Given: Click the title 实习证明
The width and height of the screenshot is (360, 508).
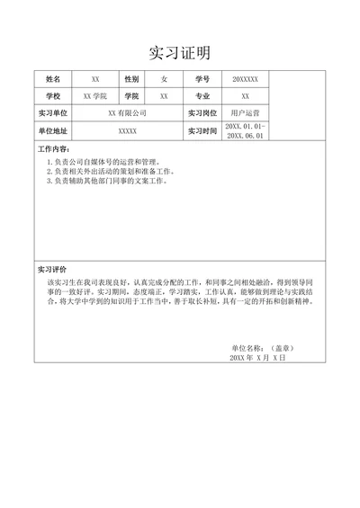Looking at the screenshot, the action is coord(179,52).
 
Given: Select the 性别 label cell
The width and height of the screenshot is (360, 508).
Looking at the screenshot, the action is coord(131,80).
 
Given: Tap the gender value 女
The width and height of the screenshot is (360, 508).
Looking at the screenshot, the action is coord(164,80).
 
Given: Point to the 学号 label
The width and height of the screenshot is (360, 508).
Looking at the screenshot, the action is coord(202,80).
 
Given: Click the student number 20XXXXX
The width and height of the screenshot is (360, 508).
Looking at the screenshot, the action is coord(245,80).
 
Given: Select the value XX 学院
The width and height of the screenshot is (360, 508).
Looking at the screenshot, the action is coord(94,96).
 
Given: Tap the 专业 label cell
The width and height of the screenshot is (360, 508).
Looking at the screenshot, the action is coord(202,96).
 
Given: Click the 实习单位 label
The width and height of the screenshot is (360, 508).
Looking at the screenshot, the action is coord(53,113).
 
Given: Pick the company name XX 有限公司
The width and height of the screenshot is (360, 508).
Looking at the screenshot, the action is coord(127,113).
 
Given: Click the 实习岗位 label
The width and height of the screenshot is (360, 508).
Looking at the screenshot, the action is coord(202,113).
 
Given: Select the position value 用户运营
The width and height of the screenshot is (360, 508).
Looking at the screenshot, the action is coord(245,113).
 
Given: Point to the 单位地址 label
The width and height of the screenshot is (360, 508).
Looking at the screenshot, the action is coord(53,131).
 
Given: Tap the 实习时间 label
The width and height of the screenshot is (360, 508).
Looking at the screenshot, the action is coord(202,131).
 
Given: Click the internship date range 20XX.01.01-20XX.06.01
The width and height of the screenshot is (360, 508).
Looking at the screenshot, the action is coord(245,131).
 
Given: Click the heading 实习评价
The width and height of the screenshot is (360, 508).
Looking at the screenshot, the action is coord(53,270).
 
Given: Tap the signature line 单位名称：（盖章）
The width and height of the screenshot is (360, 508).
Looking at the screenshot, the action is coord(263,347).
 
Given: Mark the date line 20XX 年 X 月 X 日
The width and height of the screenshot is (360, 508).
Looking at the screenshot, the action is coord(257,357).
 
